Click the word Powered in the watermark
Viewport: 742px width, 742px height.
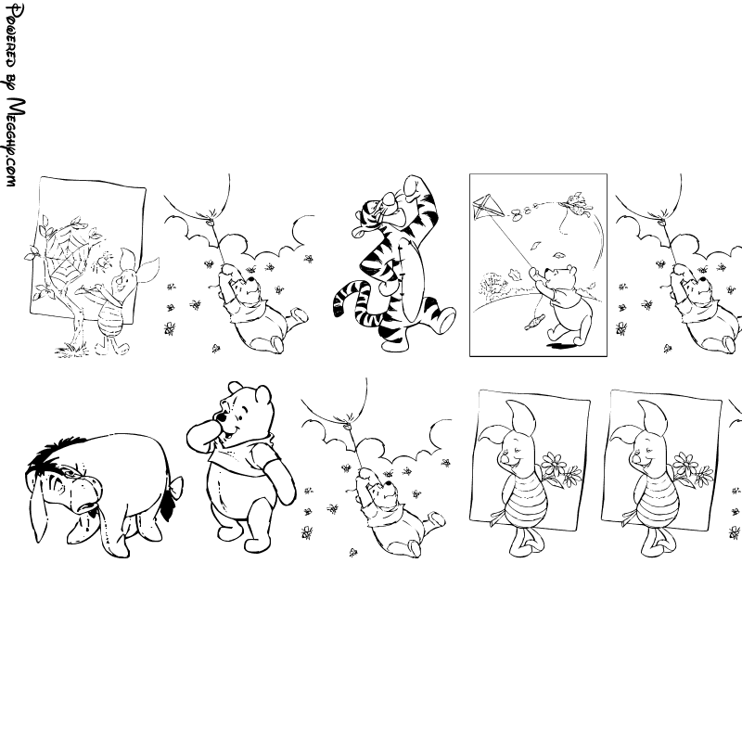[10, 36]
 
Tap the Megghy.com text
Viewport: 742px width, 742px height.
[14, 142]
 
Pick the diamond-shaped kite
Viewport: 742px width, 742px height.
[488, 207]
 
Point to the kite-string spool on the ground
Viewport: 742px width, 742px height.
[532, 323]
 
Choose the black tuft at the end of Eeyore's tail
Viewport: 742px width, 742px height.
[167, 508]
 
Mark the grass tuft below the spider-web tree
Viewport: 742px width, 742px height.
[71, 351]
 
